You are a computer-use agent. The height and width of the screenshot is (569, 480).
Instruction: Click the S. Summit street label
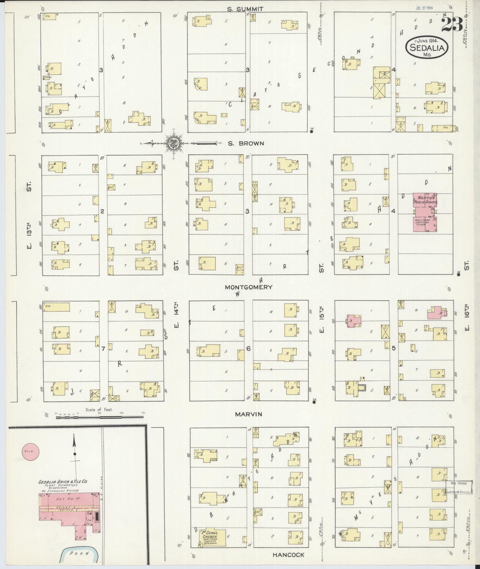click(245, 9)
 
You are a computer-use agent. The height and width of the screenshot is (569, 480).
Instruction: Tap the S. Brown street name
click(246, 143)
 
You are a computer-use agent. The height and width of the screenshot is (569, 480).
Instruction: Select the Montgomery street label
click(248, 287)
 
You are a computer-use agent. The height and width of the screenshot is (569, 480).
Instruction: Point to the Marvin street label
click(248, 414)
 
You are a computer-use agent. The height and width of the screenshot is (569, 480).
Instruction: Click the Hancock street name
click(288, 555)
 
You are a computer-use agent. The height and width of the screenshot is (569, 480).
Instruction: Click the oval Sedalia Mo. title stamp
click(427, 48)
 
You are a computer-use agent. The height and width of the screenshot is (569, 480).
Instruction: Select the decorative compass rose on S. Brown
click(173, 143)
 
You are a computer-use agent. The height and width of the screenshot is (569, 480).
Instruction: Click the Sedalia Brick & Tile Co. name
click(62, 482)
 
